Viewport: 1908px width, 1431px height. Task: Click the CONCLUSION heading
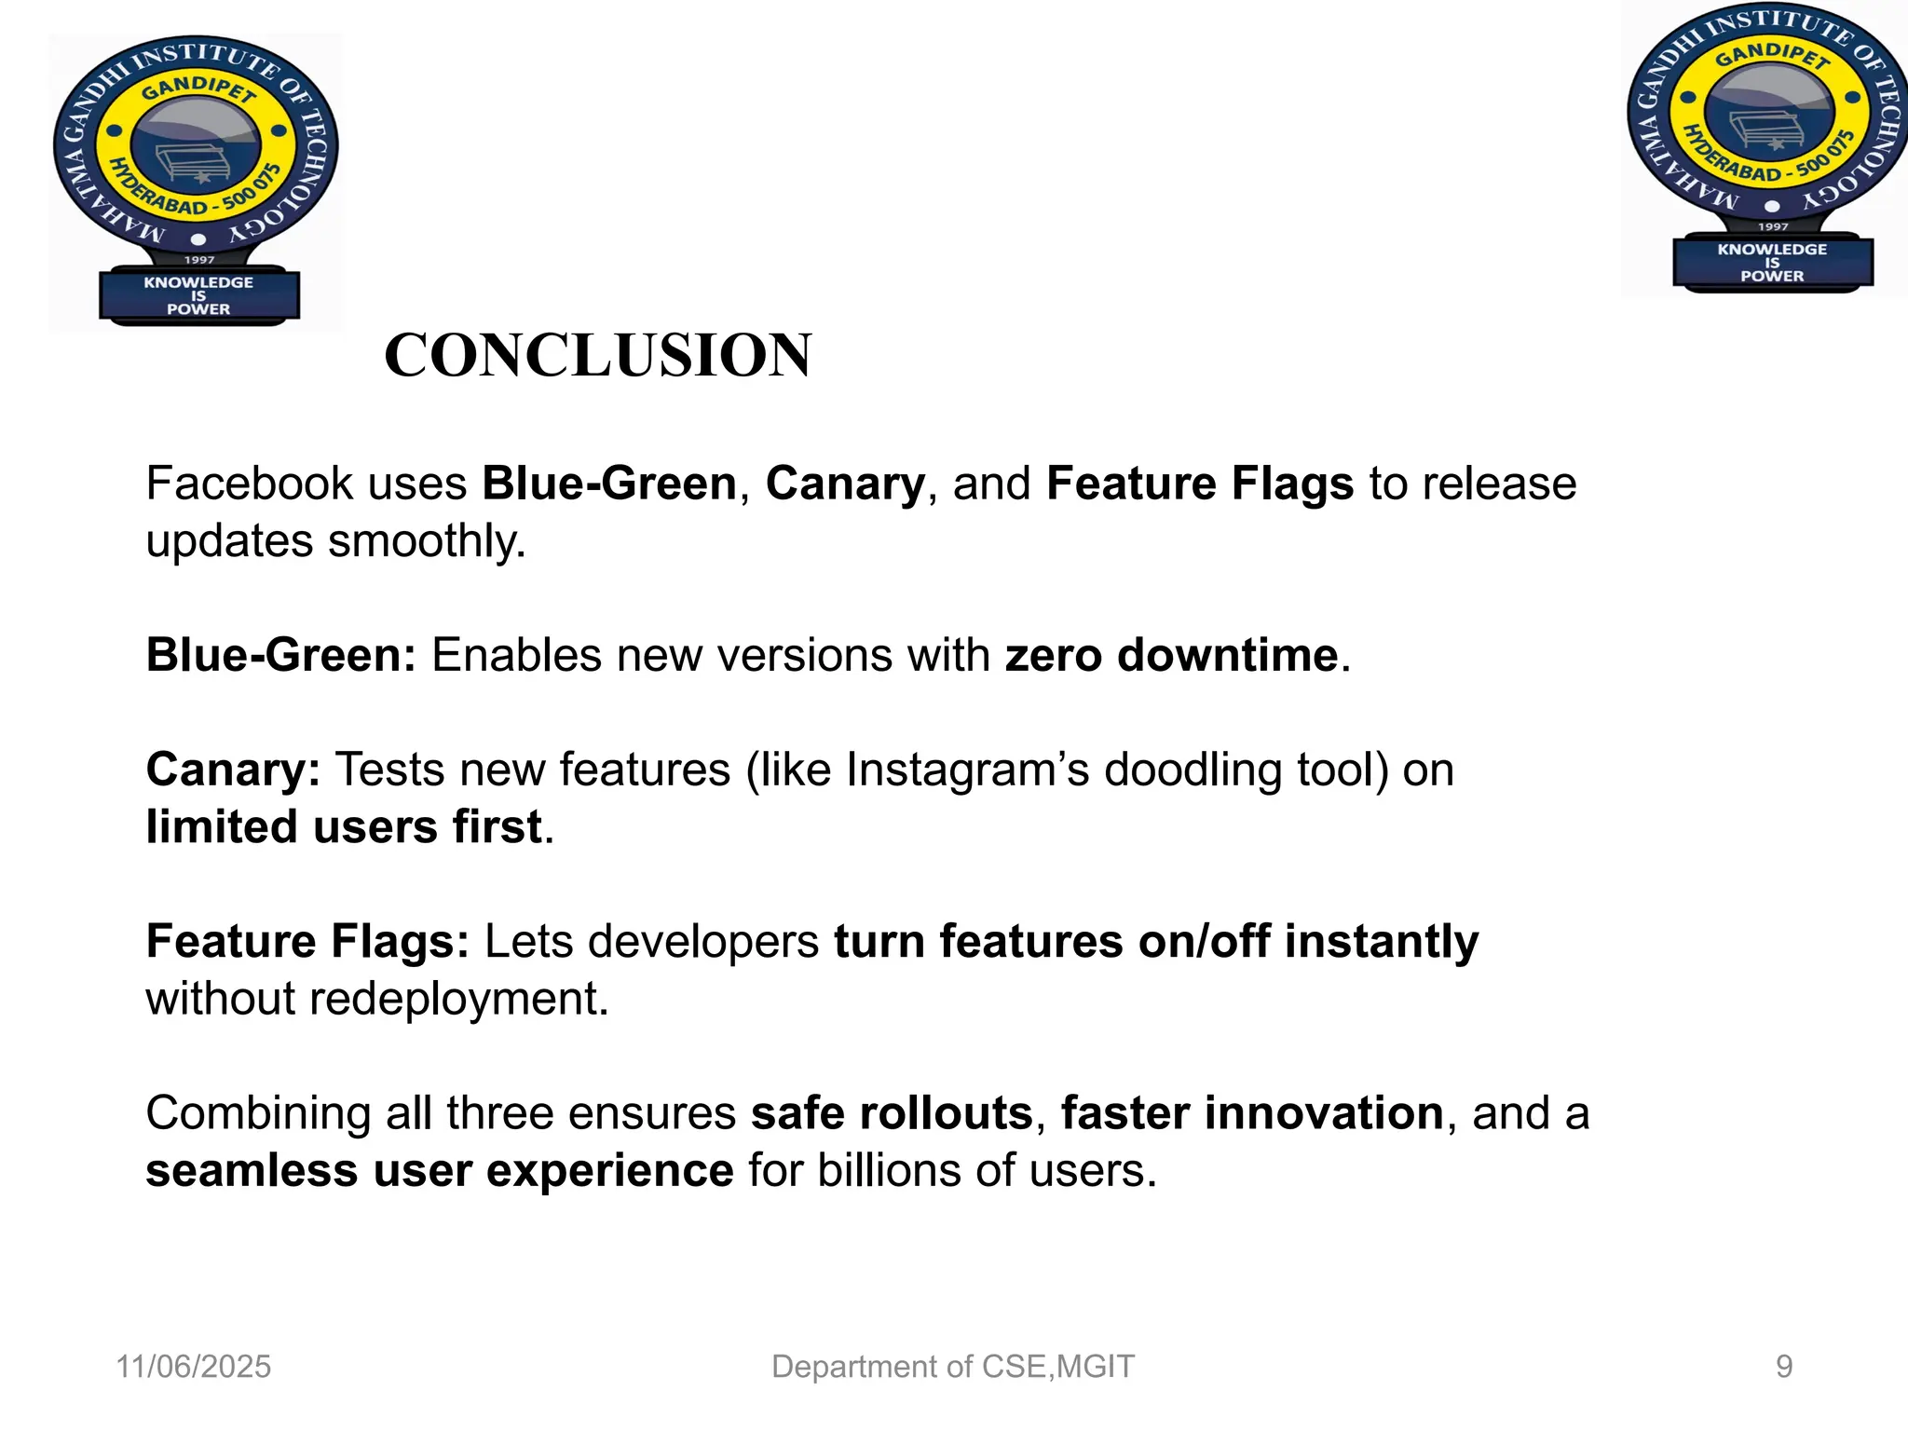point(597,355)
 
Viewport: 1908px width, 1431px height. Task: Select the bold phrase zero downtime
point(1171,655)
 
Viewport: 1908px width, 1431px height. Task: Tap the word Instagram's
point(966,770)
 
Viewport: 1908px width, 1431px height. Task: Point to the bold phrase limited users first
point(344,827)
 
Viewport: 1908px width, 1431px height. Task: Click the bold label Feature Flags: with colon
point(307,941)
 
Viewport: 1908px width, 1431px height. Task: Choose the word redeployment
point(458,999)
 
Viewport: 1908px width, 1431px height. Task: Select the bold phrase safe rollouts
point(892,1113)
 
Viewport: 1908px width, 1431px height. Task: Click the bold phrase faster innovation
point(1251,1113)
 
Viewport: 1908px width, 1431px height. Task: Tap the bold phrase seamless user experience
point(439,1171)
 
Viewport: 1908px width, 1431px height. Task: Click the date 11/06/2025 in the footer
point(193,1367)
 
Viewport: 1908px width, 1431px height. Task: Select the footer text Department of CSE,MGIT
point(953,1367)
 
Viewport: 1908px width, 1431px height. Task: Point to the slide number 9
point(1783,1367)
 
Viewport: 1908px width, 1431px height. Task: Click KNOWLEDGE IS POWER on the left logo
point(198,295)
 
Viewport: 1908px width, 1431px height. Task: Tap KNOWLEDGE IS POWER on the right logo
point(1772,263)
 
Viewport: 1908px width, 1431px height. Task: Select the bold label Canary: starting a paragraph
point(233,770)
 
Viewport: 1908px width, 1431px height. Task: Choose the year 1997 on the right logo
point(1773,226)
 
